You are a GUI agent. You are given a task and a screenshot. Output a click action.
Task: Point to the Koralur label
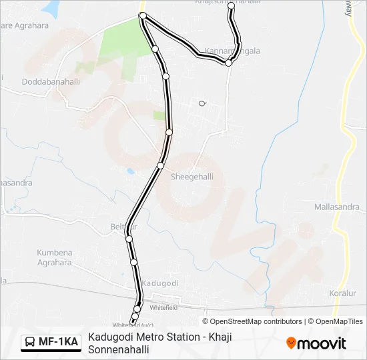[344, 293]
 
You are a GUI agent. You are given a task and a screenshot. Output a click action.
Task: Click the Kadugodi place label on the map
[160, 283]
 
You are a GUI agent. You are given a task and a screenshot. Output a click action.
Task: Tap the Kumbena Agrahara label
[55, 258]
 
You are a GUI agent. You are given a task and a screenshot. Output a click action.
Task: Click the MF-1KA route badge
[51, 342]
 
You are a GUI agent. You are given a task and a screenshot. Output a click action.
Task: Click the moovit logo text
[322, 343]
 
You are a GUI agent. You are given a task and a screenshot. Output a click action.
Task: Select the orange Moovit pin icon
[291, 343]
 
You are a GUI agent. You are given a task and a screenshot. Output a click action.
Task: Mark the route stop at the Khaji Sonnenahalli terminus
[232, 6]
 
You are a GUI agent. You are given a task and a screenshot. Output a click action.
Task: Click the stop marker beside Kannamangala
[229, 63]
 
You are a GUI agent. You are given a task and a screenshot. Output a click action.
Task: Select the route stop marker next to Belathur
[129, 238]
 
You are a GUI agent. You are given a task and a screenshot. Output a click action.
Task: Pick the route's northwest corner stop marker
[142, 15]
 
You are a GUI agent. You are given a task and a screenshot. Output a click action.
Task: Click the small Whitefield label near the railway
[163, 308]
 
